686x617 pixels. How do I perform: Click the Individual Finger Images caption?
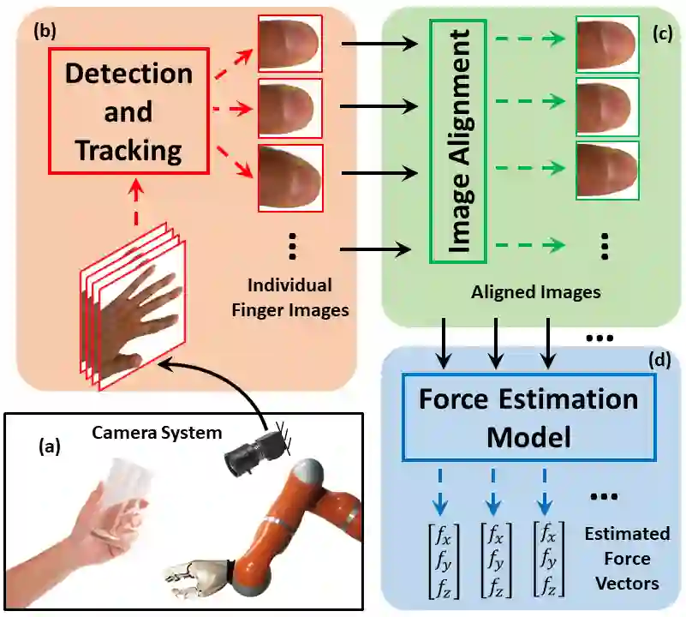click(x=290, y=297)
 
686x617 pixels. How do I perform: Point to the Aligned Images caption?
click(x=536, y=292)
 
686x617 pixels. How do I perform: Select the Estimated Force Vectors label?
click(x=628, y=559)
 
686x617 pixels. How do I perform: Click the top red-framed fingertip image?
click(x=289, y=43)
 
